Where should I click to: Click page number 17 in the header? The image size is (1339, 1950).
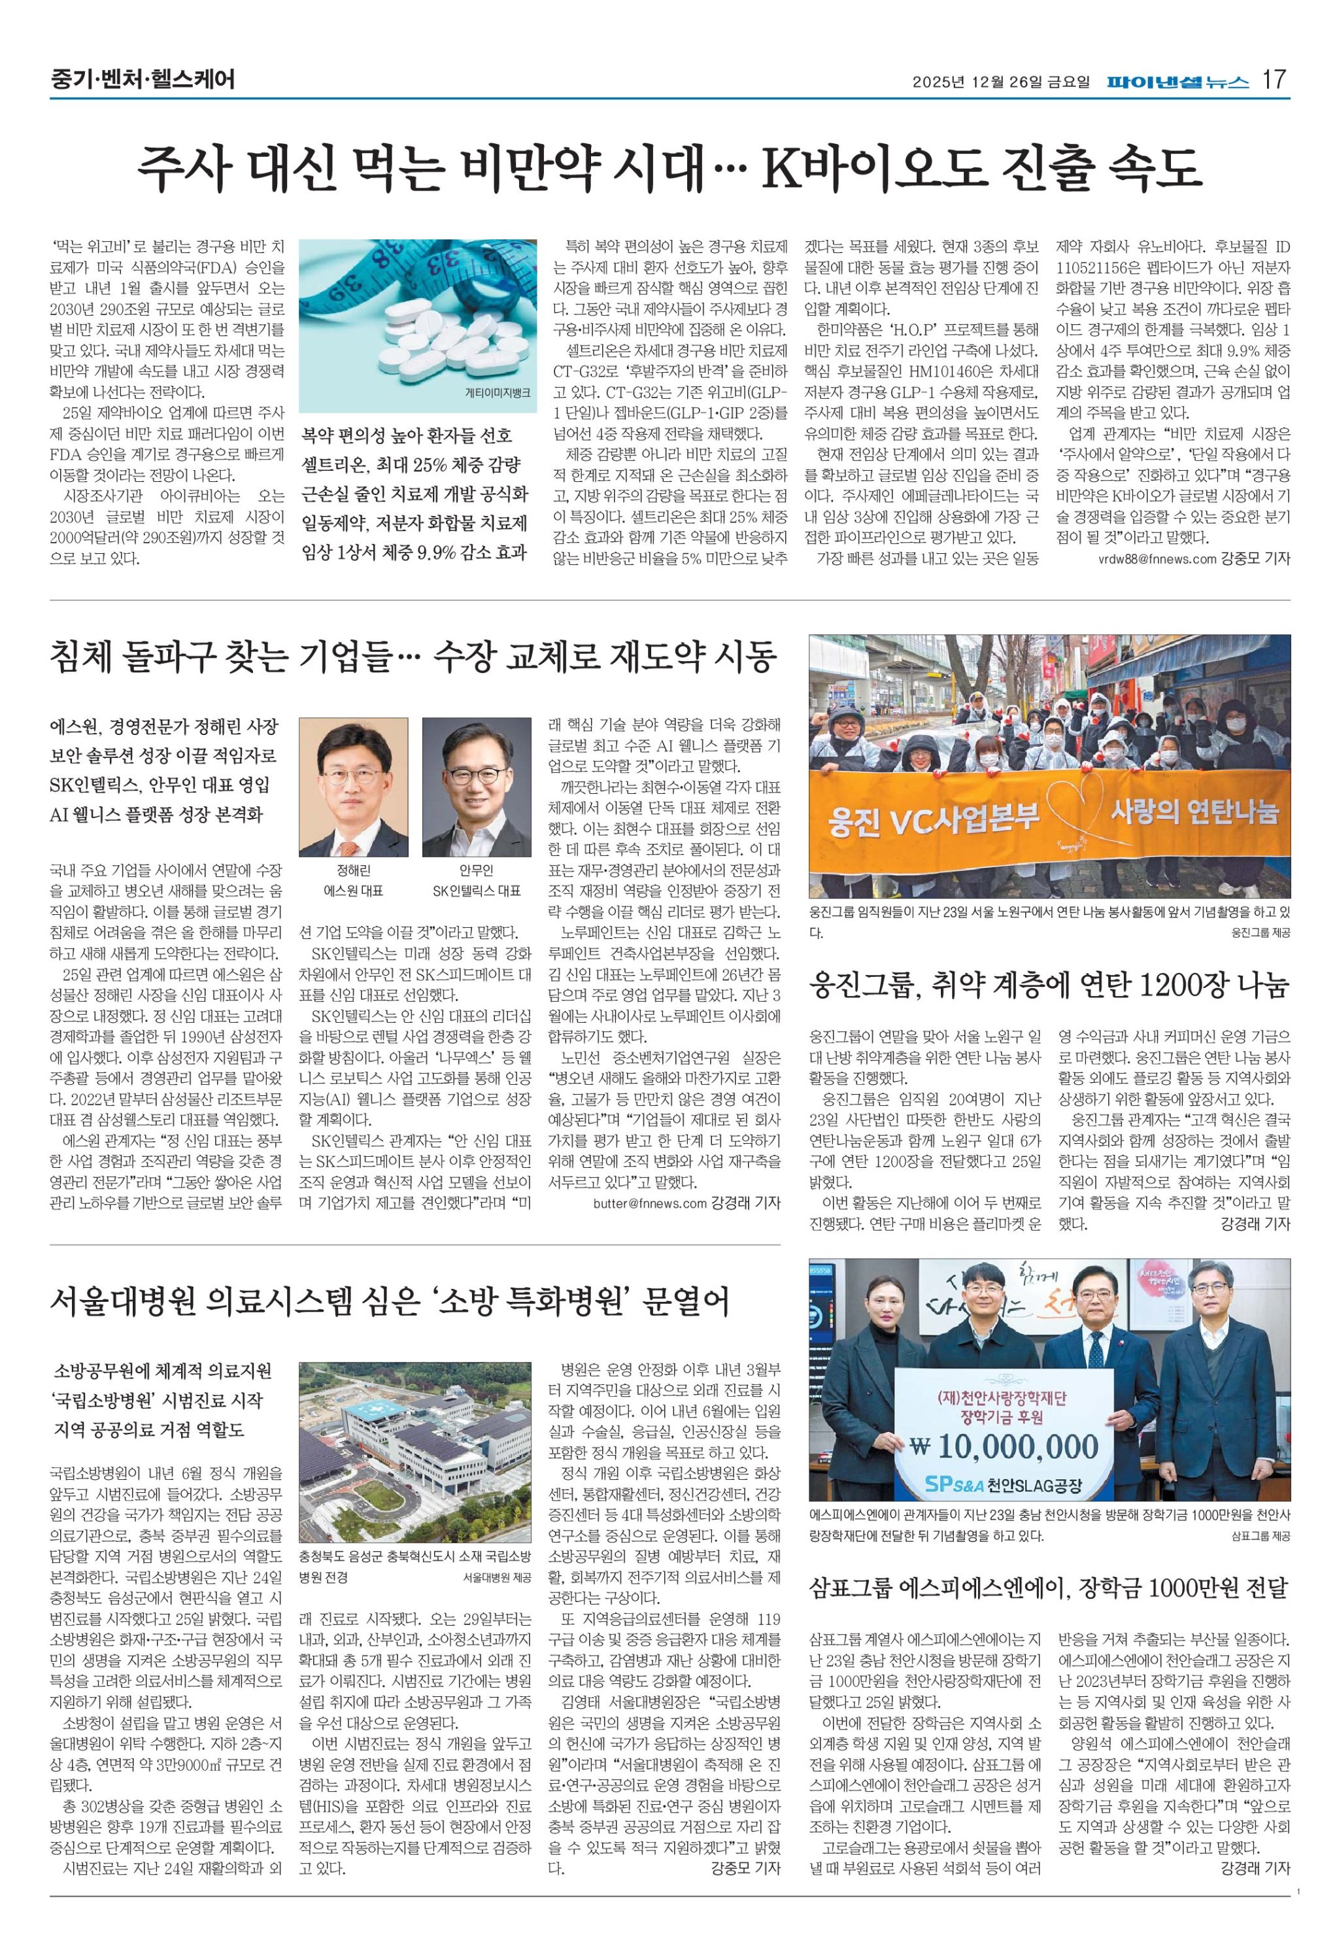(1274, 80)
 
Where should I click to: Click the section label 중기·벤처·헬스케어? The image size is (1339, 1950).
(142, 80)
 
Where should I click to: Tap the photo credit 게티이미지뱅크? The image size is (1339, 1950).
(498, 392)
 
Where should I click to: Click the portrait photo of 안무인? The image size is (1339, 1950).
(476, 786)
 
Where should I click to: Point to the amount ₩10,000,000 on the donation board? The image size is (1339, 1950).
(1004, 1446)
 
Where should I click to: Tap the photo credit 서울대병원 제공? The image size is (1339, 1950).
(498, 1577)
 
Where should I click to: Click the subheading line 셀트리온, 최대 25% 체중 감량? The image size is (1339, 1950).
(411, 466)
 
